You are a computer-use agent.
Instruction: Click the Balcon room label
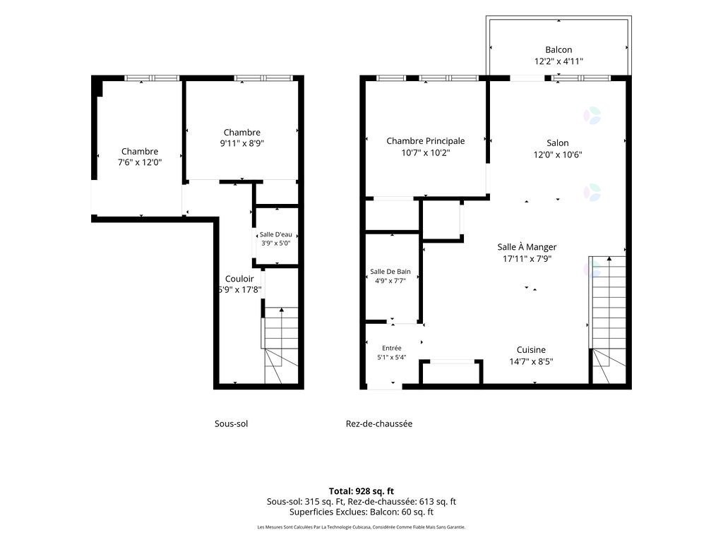tap(558, 50)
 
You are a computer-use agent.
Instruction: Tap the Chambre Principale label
tap(426, 141)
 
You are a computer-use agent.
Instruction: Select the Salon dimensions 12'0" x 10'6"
tap(558, 155)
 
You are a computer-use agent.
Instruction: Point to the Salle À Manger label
tap(527, 247)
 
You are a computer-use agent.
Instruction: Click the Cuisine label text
tap(531, 350)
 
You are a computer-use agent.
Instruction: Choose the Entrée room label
tap(391, 348)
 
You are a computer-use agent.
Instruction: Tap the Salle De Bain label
tap(390, 272)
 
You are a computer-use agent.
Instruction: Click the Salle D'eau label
tap(276, 234)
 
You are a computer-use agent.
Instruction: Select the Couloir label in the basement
tap(239, 279)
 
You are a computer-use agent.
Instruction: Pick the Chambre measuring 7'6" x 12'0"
tap(140, 151)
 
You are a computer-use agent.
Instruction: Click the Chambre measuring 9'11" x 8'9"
tap(242, 133)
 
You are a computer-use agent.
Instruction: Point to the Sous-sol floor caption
tap(231, 423)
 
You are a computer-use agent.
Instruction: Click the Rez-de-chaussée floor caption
tap(379, 423)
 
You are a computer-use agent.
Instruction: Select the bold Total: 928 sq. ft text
tap(361, 491)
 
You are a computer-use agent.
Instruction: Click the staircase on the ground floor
tap(608, 320)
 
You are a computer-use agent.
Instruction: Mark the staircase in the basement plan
tap(280, 345)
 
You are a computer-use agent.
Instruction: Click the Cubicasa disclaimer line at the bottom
tap(361, 526)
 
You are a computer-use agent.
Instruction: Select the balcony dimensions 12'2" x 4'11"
tap(559, 61)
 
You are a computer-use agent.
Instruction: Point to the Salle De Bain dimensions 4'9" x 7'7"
tap(390, 281)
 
